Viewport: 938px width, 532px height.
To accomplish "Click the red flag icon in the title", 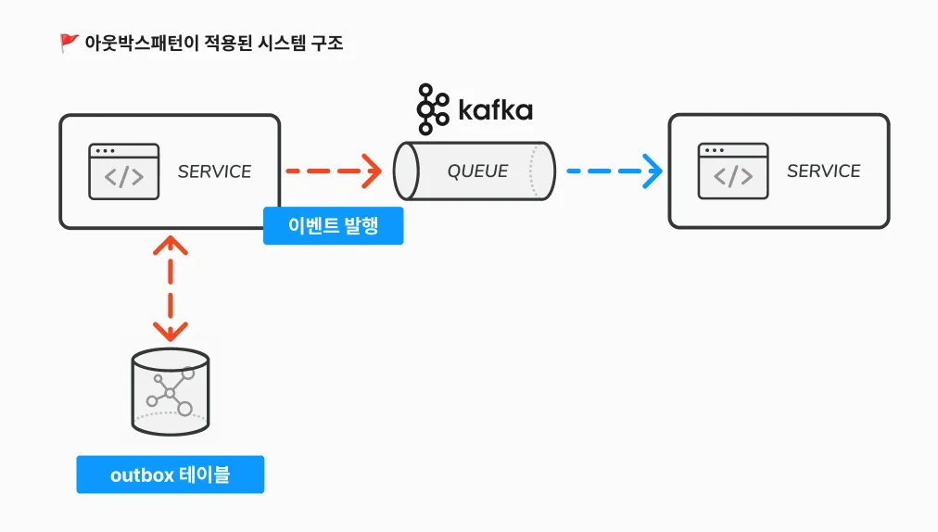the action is click(69, 43).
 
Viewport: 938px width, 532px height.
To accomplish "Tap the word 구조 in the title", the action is click(327, 43).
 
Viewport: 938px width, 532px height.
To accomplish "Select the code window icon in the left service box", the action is click(124, 171).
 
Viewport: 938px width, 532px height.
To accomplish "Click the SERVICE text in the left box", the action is click(214, 171).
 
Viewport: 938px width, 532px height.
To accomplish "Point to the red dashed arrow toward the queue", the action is click(333, 171).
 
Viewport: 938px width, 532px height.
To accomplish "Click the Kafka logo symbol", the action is click(433, 109).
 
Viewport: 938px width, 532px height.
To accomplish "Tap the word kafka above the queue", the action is click(495, 110).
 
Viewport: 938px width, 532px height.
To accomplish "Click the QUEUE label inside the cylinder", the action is click(477, 171).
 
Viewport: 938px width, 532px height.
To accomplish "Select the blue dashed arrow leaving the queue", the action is click(614, 171).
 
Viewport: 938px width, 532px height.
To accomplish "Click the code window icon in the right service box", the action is click(733, 171).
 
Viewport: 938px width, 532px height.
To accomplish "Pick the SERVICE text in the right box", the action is click(823, 171).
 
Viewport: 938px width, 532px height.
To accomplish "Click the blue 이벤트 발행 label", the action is click(333, 225).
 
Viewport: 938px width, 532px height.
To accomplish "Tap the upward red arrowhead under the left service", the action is click(171, 245).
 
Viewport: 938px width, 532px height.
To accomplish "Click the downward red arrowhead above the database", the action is click(171, 332).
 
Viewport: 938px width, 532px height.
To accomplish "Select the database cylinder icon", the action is click(171, 392).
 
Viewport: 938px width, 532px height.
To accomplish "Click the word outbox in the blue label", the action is click(142, 475).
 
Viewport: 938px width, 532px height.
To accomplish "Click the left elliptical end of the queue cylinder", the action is click(406, 171).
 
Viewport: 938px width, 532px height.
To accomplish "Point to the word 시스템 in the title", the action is click(282, 43).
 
